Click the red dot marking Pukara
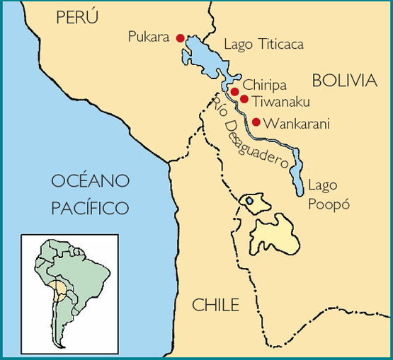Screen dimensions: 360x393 point(180,38)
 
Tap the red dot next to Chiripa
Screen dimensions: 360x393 point(234,91)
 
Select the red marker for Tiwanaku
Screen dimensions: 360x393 point(244,100)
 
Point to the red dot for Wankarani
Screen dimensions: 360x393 point(256,122)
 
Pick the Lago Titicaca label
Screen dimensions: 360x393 point(263,45)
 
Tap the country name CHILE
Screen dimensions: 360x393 point(216,306)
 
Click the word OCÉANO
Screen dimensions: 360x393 point(91,181)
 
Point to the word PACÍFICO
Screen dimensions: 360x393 point(91,208)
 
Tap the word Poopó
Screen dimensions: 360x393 point(329,206)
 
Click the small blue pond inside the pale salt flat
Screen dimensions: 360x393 point(249,201)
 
